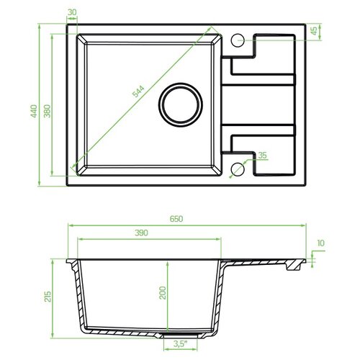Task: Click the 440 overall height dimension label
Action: click(x=34, y=111)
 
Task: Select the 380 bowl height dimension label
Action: click(x=48, y=111)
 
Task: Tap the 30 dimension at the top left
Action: click(x=72, y=12)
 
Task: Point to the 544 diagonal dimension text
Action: click(x=138, y=91)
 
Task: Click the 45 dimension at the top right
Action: click(x=314, y=31)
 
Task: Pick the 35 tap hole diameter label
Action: click(x=262, y=156)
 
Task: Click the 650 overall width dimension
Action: click(x=176, y=219)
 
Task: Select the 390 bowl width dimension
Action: click(x=141, y=233)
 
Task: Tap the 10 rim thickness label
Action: click(x=320, y=243)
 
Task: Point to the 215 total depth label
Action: click(x=48, y=297)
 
